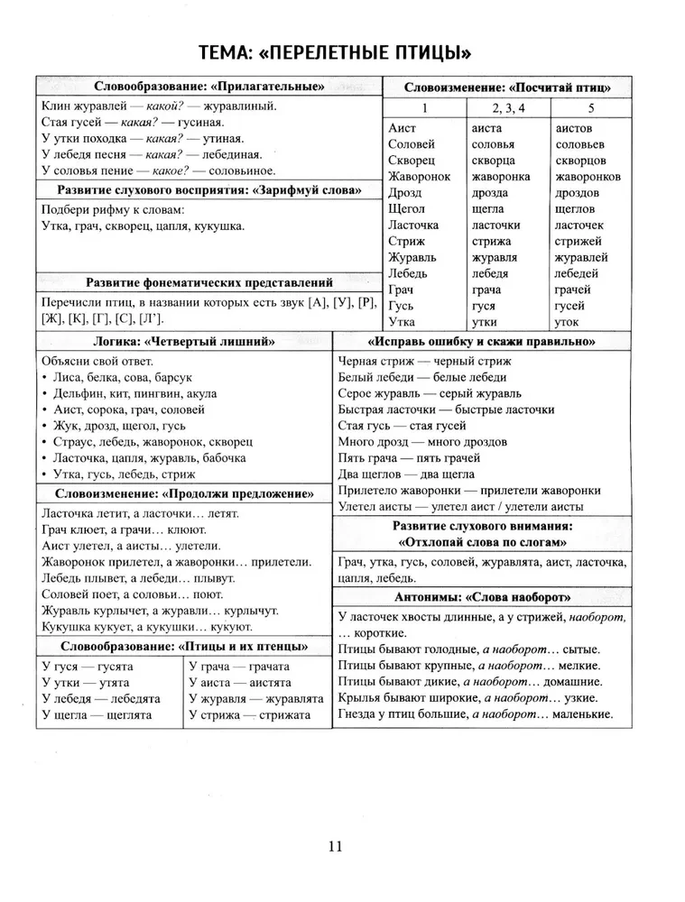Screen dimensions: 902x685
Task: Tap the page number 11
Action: coord(335,846)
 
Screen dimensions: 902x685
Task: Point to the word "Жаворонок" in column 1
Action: coord(419,177)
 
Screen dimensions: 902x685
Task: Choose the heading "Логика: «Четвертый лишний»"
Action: coord(184,342)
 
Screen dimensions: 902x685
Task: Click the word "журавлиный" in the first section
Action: coord(243,106)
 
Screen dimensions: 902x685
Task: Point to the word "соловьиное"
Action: coord(244,170)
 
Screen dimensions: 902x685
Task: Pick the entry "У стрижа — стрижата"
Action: coord(249,714)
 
